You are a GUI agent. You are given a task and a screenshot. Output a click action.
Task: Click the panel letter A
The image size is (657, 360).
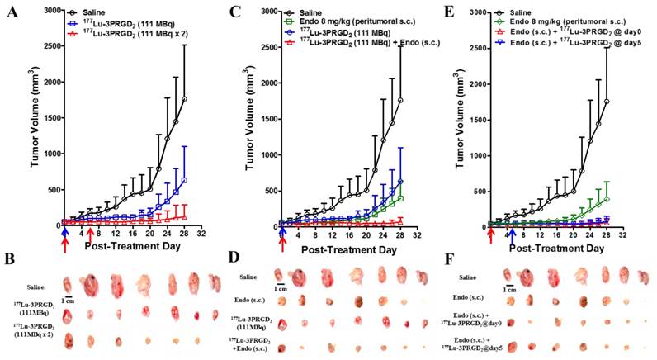[12, 11]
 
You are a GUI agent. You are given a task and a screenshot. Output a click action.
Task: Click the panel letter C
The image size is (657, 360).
[235, 11]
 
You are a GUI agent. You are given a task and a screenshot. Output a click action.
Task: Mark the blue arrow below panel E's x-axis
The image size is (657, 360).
[512, 238]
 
